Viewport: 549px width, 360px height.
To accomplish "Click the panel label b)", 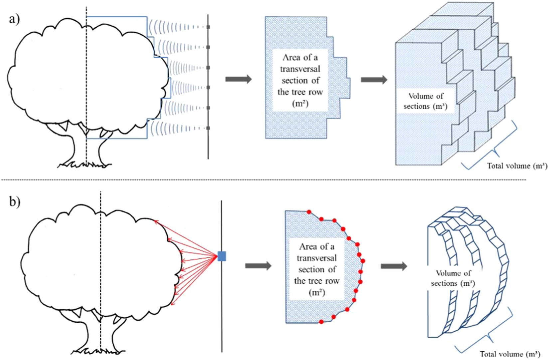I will point(14,202).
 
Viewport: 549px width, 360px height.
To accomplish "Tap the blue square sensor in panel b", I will point(222,256).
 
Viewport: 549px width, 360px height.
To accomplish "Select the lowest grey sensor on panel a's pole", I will point(208,128).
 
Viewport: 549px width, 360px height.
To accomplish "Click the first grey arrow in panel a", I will point(238,79).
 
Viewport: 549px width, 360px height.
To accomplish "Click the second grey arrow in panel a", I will point(374,80).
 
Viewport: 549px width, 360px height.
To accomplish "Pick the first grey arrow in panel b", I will point(258,266).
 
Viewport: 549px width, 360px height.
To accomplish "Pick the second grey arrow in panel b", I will point(394,266).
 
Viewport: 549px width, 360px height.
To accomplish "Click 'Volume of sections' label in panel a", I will point(426,101).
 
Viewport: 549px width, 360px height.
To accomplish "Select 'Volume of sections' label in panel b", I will point(453,278).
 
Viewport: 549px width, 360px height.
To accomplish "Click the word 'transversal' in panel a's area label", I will point(300,69).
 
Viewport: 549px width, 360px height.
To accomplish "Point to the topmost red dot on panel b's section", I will point(309,212).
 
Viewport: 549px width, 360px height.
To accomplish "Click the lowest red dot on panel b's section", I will point(321,322).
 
